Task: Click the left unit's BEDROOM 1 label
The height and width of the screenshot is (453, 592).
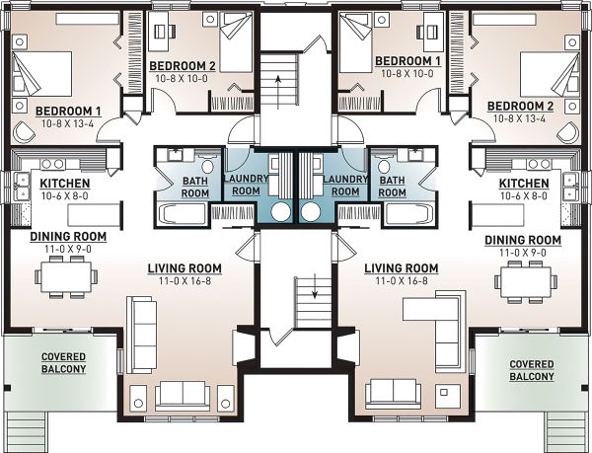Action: pyautogui.click(x=68, y=112)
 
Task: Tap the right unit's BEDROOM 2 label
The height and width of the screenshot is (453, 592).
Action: pyautogui.click(x=520, y=106)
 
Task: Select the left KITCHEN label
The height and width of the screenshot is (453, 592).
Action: pyautogui.click(x=65, y=184)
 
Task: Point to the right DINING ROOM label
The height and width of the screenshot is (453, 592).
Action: pyautogui.click(x=523, y=240)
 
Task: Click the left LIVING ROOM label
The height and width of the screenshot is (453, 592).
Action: pyautogui.click(x=185, y=268)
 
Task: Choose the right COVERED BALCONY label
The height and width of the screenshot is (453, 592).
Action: pyautogui.click(x=532, y=370)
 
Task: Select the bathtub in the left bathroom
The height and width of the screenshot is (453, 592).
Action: pyautogui.click(x=183, y=215)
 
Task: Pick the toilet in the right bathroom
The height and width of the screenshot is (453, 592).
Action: pyautogui.click(x=384, y=167)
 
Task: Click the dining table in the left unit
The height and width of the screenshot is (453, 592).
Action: pyautogui.click(x=66, y=276)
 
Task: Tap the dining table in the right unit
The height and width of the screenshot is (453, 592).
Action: pyautogui.click(x=526, y=281)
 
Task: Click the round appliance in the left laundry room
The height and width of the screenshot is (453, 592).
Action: pyautogui.click(x=281, y=212)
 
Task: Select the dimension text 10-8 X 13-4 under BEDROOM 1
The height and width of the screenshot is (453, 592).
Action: pyautogui.click(x=67, y=123)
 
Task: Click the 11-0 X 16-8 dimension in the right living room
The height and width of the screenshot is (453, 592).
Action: pyautogui.click(x=402, y=281)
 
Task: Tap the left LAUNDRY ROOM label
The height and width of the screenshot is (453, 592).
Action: pyautogui.click(x=246, y=185)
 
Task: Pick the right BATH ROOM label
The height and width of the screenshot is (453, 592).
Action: pyautogui.click(x=392, y=187)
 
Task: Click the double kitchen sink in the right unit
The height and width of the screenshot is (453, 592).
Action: pyautogui.click(x=569, y=187)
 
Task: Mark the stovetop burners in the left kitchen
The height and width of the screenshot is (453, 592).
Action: pyautogui.click(x=53, y=164)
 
